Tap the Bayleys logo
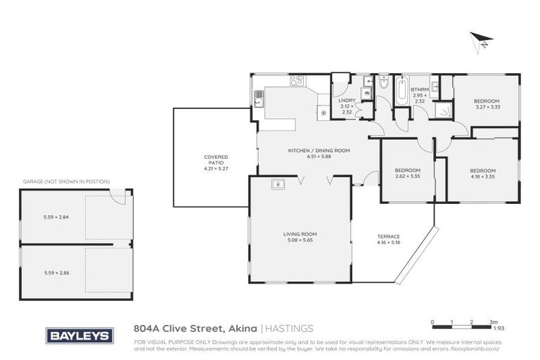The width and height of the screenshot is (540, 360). point(79,335)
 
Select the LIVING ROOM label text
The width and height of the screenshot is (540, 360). point(300,234)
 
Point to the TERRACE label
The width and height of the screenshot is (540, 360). point(388,236)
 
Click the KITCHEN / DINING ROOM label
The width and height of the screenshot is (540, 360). point(319,151)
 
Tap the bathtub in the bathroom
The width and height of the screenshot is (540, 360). point(401,90)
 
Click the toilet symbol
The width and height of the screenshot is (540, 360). point(383,84)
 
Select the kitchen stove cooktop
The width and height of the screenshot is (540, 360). point(297,80)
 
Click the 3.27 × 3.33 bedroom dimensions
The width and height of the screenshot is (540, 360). point(486,107)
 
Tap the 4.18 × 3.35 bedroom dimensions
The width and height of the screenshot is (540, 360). point(482,176)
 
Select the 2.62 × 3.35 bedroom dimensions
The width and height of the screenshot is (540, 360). point(407,176)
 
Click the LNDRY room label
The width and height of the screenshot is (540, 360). point(347,100)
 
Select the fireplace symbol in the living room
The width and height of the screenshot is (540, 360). point(278,185)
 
